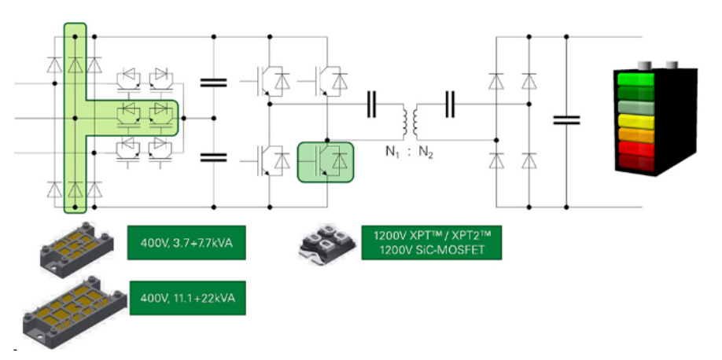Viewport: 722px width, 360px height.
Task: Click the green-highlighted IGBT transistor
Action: pyautogui.click(x=326, y=160)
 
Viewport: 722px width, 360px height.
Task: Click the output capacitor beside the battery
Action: pyautogui.click(x=566, y=120)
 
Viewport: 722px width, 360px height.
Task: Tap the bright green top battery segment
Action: pyautogui.click(x=639, y=80)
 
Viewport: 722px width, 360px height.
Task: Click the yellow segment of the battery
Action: pyautogui.click(x=639, y=121)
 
